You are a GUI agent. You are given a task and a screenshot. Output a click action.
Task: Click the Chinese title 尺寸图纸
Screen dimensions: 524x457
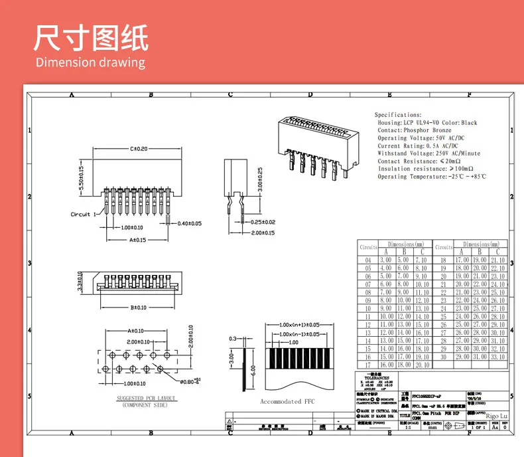tap(91, 38)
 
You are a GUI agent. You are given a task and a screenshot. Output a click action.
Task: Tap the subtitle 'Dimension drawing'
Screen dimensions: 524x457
tap(90, 63)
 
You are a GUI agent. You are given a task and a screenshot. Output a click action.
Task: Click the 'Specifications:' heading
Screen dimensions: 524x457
tap(398, 115)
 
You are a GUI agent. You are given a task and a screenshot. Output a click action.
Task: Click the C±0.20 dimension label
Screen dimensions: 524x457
tap(139, 149)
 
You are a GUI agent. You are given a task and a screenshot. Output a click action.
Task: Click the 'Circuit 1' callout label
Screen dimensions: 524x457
tap(84, 214)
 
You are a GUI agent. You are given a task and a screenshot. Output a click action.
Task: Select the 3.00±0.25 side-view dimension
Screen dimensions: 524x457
tap(260, 179)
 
